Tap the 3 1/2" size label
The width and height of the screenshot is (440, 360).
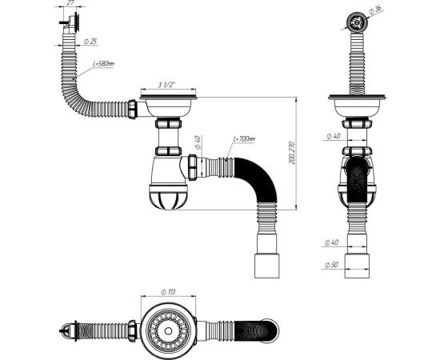tap(166, 85)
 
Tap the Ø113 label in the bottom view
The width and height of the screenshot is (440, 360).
tap(167, 292)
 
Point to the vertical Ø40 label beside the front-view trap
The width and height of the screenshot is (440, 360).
tap(198, 146)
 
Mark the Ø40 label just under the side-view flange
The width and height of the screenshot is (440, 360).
tap(331, 137)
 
